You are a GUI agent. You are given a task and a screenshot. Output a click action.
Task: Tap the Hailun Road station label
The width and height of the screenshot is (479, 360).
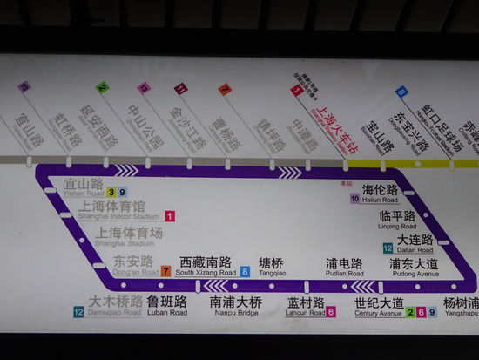(380, 194)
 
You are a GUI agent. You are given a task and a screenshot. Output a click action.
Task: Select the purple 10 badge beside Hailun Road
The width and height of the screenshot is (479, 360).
(355, 199)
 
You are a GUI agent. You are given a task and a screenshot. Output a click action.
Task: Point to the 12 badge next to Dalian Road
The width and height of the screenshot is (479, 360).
(388, 248)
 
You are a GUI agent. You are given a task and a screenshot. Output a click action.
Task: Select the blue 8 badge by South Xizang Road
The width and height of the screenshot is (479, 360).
(246, 272)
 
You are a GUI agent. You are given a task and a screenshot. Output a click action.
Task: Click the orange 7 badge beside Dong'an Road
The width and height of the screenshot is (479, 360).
(165, 272)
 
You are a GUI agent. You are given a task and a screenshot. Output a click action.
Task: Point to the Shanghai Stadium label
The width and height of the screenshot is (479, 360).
(130, 237)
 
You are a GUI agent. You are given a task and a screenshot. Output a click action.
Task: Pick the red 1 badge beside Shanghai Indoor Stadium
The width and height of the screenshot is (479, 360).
(170, 216)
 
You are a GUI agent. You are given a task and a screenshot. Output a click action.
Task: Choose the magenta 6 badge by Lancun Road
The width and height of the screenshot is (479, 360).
(331, 312)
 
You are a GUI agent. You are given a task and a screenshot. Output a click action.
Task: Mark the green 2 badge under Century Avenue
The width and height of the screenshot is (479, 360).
(411, 312)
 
